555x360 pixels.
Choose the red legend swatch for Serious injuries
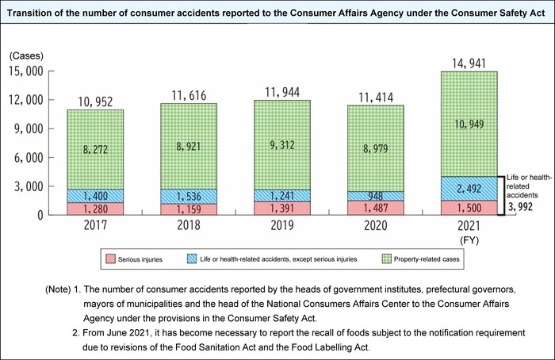click(x=114, y=259)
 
